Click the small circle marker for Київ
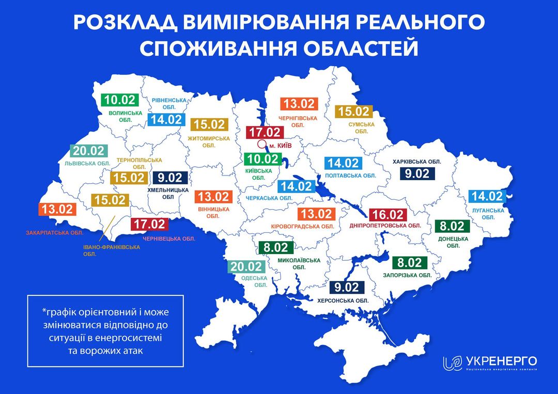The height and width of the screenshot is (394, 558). pos(262,145)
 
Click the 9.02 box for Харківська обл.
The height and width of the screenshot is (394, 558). pos(417,174)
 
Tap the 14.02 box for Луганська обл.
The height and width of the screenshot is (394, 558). pos(486,196)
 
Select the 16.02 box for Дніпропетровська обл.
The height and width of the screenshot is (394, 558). pos(389,214)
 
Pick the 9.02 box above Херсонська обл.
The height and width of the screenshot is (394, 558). pos(346,288)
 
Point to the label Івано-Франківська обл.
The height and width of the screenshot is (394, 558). pos(111,251)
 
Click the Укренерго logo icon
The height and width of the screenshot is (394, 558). pos(452,363)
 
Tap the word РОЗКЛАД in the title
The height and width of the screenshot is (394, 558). pos(120,24)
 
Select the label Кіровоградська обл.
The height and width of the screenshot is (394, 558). pos(302,226)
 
